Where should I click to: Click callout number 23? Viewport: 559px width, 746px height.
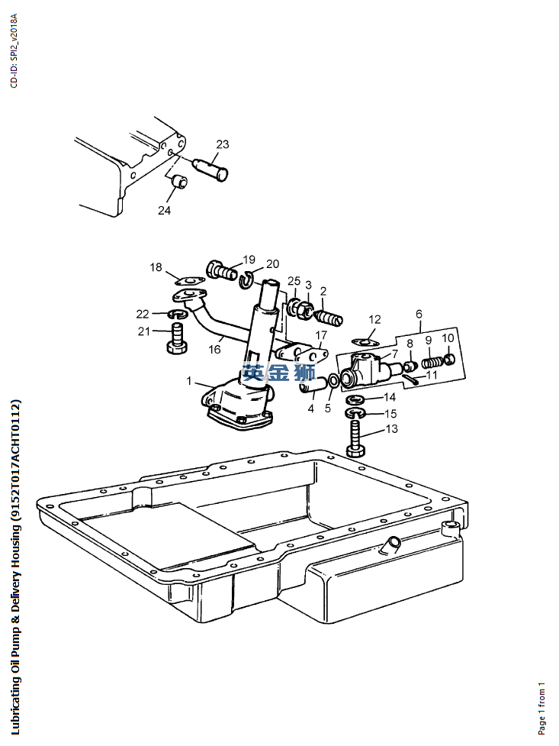(x=222, y=144)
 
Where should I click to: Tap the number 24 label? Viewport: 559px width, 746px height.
(x=165, y=211)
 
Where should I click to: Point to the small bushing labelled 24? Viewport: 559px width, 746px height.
(x=179, y=182)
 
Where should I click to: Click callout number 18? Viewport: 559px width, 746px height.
(x=156, y=267)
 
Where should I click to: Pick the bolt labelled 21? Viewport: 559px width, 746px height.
(x=178, y=338)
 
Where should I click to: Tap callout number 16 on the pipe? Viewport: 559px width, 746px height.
(x=215, y=349)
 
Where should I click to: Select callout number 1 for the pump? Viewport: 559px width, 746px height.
(x=189, y=379)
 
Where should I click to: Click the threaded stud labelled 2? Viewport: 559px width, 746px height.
(x=328, y=315)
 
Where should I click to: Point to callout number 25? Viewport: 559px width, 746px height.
(x=294, y=282)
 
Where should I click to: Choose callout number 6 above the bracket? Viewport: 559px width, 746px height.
(x=418, y=314)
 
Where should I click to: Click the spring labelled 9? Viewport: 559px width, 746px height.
(x=432, y=357)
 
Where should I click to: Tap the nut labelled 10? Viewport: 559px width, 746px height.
(x=450, y=357)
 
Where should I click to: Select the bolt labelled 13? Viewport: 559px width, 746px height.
(x=357, y=440)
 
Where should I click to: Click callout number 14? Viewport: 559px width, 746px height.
(x=389, y=397)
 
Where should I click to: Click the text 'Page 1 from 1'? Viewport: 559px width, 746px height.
(x=541, y=708)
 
